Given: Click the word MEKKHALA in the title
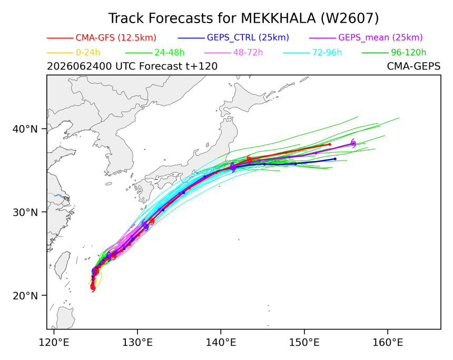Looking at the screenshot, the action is coord(279,18).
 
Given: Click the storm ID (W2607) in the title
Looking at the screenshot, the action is coord(350,18).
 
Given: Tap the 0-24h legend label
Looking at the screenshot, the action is coord(88,53).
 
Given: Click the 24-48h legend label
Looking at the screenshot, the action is coord(169,53).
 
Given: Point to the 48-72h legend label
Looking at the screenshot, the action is coord(248,53).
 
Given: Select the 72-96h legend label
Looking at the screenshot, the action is coord(327,53).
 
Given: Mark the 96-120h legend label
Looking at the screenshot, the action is coord(409,53).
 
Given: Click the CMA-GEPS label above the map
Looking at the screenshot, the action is coord(413,66).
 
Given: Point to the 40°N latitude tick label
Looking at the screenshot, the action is coord(25,129).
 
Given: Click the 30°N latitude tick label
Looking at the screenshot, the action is coord(25,212).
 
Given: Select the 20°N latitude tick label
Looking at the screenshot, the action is coord(25,296).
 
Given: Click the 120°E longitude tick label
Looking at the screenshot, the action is coord(54,343).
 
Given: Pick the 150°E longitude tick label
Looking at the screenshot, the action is coord(304,343).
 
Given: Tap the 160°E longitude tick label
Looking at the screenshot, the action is coord(387,343).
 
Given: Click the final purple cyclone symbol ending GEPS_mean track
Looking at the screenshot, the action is coord(353,143).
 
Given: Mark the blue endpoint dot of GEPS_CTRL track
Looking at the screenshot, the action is coord(335,159).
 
